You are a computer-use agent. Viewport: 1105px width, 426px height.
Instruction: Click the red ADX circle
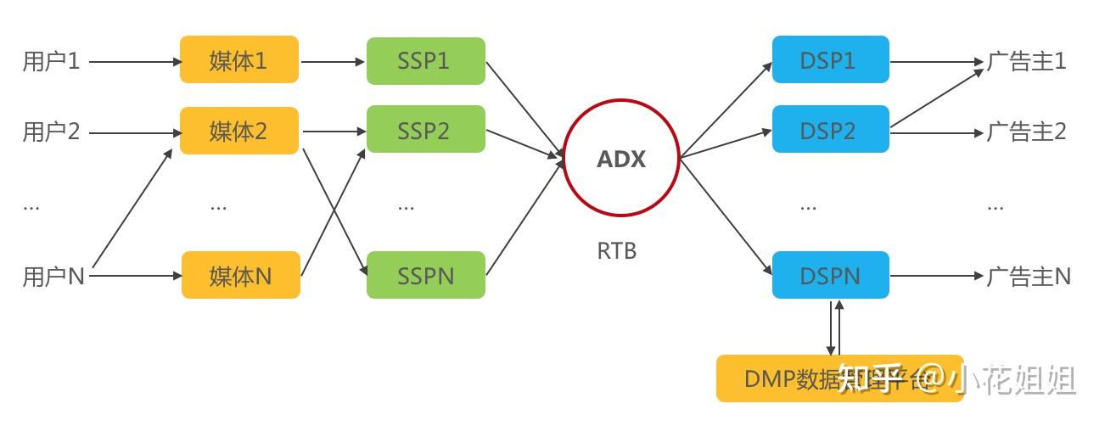click(x=621, y=158)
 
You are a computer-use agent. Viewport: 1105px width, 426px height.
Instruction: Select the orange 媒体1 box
click(x=239, y=59)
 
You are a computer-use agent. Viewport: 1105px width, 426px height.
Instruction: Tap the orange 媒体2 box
click(x=239, y=131)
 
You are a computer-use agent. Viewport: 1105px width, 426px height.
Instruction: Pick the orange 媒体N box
click(x=240, y=275)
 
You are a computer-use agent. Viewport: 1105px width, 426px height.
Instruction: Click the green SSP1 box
click(x=425, y=60)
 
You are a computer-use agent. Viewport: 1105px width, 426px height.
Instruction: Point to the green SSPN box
click(x=425, y=275)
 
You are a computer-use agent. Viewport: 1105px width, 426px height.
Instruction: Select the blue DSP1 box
click(x=830, y=59)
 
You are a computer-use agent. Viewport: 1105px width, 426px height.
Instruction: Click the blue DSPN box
click(x=830, y=275)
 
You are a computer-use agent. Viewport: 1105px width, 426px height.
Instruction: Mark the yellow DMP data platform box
click(x=839, y=378)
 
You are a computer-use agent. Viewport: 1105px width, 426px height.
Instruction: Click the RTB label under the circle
click(x=617, y=251)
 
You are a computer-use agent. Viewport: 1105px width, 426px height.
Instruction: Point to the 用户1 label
click(x=51, y=61)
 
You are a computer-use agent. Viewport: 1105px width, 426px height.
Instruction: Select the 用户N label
click(x=53, y=277)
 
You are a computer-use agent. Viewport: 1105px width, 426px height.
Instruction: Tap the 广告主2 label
click(x=1026, y=132)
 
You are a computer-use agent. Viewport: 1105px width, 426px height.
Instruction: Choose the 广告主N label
click(x=1028, y=276)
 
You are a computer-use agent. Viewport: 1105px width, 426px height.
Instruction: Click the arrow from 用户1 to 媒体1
click(x=134, y=61)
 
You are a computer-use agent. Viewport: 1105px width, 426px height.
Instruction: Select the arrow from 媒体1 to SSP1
click(x=333, y=61)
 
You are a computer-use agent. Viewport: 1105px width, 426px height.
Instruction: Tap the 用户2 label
click(x=51, y=132)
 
